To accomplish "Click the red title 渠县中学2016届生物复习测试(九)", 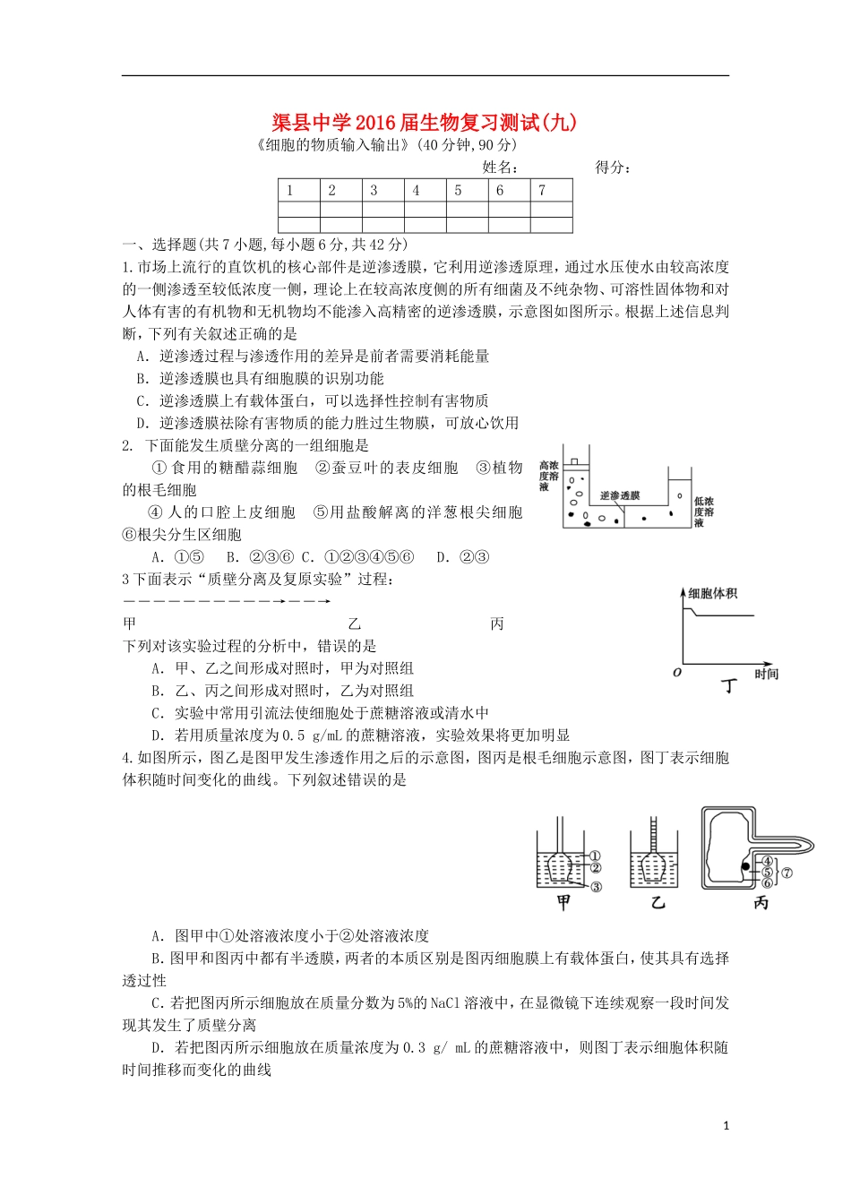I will click(x=424, y=123).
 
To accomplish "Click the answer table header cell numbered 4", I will click(x=416, y=190).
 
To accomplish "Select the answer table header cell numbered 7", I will click(x=542, y=190).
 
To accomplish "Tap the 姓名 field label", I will click(x=500, y=168).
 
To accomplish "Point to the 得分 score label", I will click(x=613, y=168).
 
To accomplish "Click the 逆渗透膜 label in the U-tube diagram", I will click(x=620, y=495).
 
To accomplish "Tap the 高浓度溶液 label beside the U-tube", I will click(x=548, y=476).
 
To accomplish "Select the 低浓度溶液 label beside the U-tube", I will click(x=703, y=512).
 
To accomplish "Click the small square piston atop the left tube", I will click(x=575, y=461).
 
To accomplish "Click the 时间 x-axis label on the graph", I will click(x=766, y=675).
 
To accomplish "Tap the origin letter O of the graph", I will click(x=677, y=673).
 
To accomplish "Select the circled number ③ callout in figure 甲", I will click(x=596, y=887).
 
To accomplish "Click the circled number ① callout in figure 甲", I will click(x=595, y=856).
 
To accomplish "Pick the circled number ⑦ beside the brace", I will click(x=787, y=872).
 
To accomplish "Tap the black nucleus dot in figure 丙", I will click(x=744, y=866).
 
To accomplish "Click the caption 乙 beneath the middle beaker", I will click(x=658, y=903).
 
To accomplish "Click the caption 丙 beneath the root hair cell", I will click(x=761, y=903).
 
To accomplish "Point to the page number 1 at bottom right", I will click(x=726, y=1125).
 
